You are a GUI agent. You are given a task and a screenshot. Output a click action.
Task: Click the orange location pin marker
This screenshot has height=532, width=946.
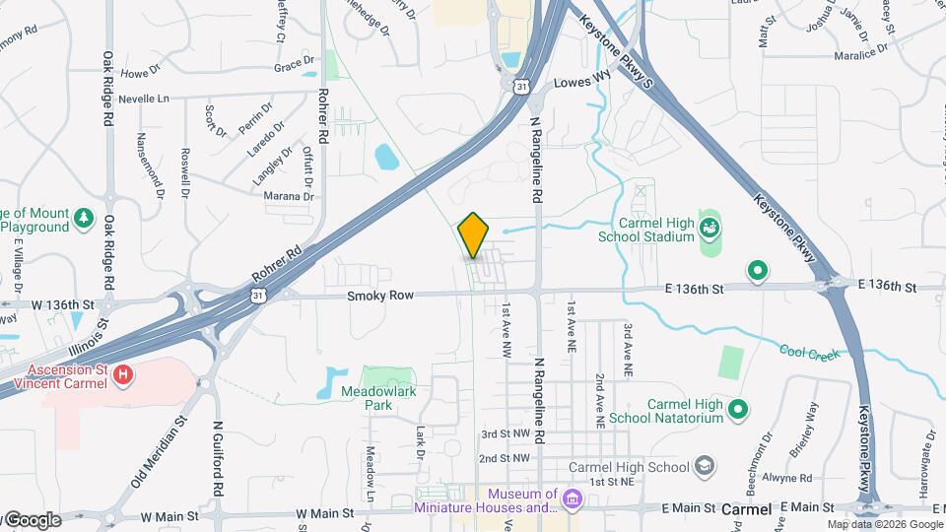click(x=474, y=235)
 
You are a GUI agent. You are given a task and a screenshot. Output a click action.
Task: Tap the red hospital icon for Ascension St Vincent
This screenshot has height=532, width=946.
click(x=123, y=374)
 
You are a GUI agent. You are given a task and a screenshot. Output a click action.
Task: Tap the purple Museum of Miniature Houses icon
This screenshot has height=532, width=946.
click(x=572, y=500)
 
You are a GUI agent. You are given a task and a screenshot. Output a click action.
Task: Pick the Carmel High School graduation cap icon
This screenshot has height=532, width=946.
click(x=705, y=465)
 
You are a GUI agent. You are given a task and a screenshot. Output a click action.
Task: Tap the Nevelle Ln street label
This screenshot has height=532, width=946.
click(x=144, y=100)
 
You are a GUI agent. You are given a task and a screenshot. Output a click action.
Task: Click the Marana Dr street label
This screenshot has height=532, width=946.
click(x=288, y=196)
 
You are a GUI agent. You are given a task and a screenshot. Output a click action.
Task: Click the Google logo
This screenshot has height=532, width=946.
click(x=33, y=519)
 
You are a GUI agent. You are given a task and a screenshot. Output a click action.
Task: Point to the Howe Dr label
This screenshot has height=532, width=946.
click(x=140, y=74)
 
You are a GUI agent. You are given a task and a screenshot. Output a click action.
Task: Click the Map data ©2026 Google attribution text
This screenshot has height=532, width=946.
click(x=884, y=524)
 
